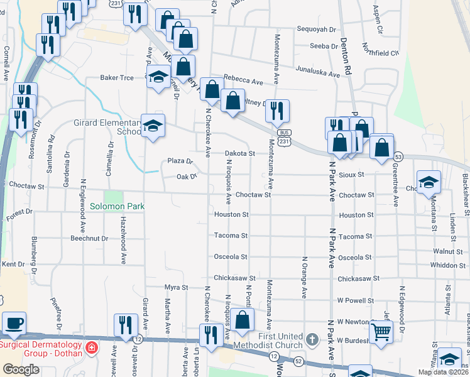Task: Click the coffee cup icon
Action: click(14, 324)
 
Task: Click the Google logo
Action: click(21, 369)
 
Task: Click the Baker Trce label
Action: click(117, 78)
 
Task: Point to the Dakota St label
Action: click(240, 153)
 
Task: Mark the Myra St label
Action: click(176, 287)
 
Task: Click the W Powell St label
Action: click(355, 300)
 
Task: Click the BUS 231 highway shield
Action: click(285, 138)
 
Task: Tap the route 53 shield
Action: click(398, 156)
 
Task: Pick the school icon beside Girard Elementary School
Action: click(153, 126)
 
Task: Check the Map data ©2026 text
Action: click(442, 371)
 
